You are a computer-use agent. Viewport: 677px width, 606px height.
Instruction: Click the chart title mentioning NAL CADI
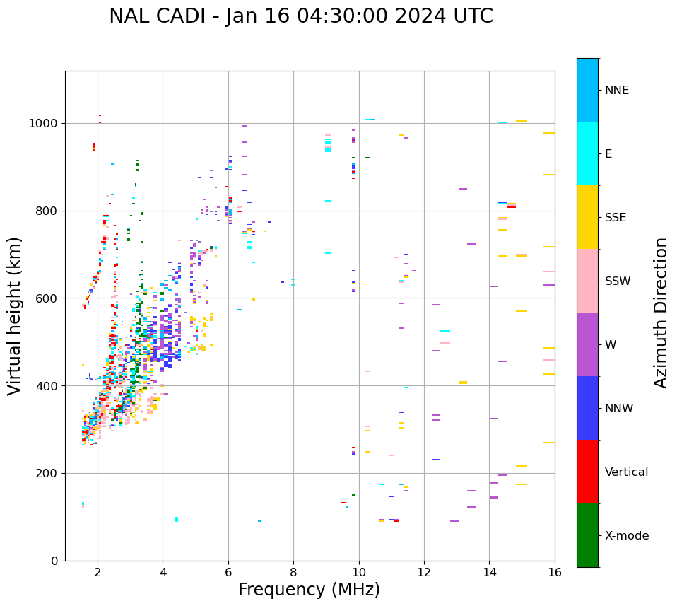tap(301, 16)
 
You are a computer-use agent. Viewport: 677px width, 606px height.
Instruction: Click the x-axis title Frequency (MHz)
tap(309, 590)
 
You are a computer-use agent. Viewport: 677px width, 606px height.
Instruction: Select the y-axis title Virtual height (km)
tap(15, 316)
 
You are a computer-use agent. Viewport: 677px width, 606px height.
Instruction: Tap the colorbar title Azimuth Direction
tap(661, 313)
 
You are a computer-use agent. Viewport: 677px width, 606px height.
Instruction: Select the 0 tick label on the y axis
tap(54, 561)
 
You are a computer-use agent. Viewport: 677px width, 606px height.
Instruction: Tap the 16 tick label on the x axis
tap(555, 572)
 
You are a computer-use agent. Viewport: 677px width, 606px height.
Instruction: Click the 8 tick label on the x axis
tap(293, 572)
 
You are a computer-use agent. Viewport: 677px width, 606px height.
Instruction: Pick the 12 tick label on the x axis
tap(424, 572)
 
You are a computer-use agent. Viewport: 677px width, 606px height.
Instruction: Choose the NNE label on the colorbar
tap(617, 91)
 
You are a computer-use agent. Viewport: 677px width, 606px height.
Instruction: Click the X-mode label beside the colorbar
tap(627, 536)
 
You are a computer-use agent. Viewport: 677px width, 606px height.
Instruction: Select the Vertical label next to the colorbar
tap(626, 472)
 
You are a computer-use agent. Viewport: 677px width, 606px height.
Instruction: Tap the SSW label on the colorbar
tap(618, 281)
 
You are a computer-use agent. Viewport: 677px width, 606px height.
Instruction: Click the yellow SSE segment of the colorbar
tap(587, 217)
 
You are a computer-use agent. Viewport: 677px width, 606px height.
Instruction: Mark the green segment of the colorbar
tap(587, 535)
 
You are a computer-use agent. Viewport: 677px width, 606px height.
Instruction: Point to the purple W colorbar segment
tap(587, 344)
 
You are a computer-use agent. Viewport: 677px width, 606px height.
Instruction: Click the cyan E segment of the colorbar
tap(587, 153)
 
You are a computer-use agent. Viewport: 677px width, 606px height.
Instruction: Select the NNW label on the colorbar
tap(619, 409)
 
